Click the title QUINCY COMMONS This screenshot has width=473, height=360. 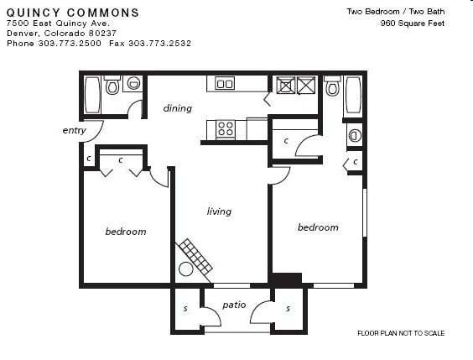73,13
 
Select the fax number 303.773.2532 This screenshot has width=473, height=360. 159,42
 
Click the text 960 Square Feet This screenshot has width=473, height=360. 412,23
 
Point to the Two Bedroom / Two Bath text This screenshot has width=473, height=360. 395,11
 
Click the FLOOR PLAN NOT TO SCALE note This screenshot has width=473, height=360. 401,333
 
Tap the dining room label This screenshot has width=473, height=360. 177,108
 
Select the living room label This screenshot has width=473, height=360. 219,211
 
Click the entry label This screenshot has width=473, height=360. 74,130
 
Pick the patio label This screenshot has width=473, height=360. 234,305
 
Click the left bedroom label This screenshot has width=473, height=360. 125,232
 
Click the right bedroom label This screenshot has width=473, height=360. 318,227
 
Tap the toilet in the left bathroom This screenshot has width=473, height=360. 112,86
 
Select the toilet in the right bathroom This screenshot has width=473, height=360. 332,86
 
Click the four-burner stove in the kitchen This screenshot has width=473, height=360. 226,128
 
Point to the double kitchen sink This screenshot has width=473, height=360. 224,83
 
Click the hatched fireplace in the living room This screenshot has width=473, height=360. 195,256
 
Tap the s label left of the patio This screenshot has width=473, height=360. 185,309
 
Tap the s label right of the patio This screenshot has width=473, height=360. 288,309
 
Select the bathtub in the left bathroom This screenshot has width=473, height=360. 92,96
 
